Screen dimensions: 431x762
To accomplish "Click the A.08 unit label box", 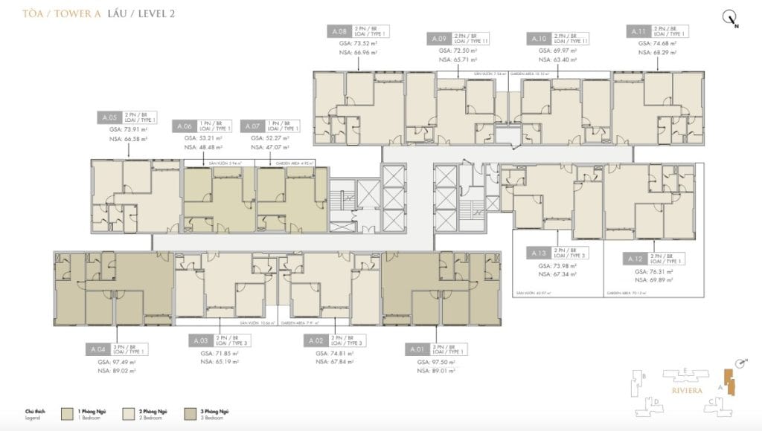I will [339, 32].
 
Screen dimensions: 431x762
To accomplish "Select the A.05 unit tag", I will [109, 117].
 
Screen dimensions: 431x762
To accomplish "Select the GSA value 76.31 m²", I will [655, 272].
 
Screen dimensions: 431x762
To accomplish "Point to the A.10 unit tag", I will [539, 38].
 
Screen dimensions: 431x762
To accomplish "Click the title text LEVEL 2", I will [152, 13].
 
